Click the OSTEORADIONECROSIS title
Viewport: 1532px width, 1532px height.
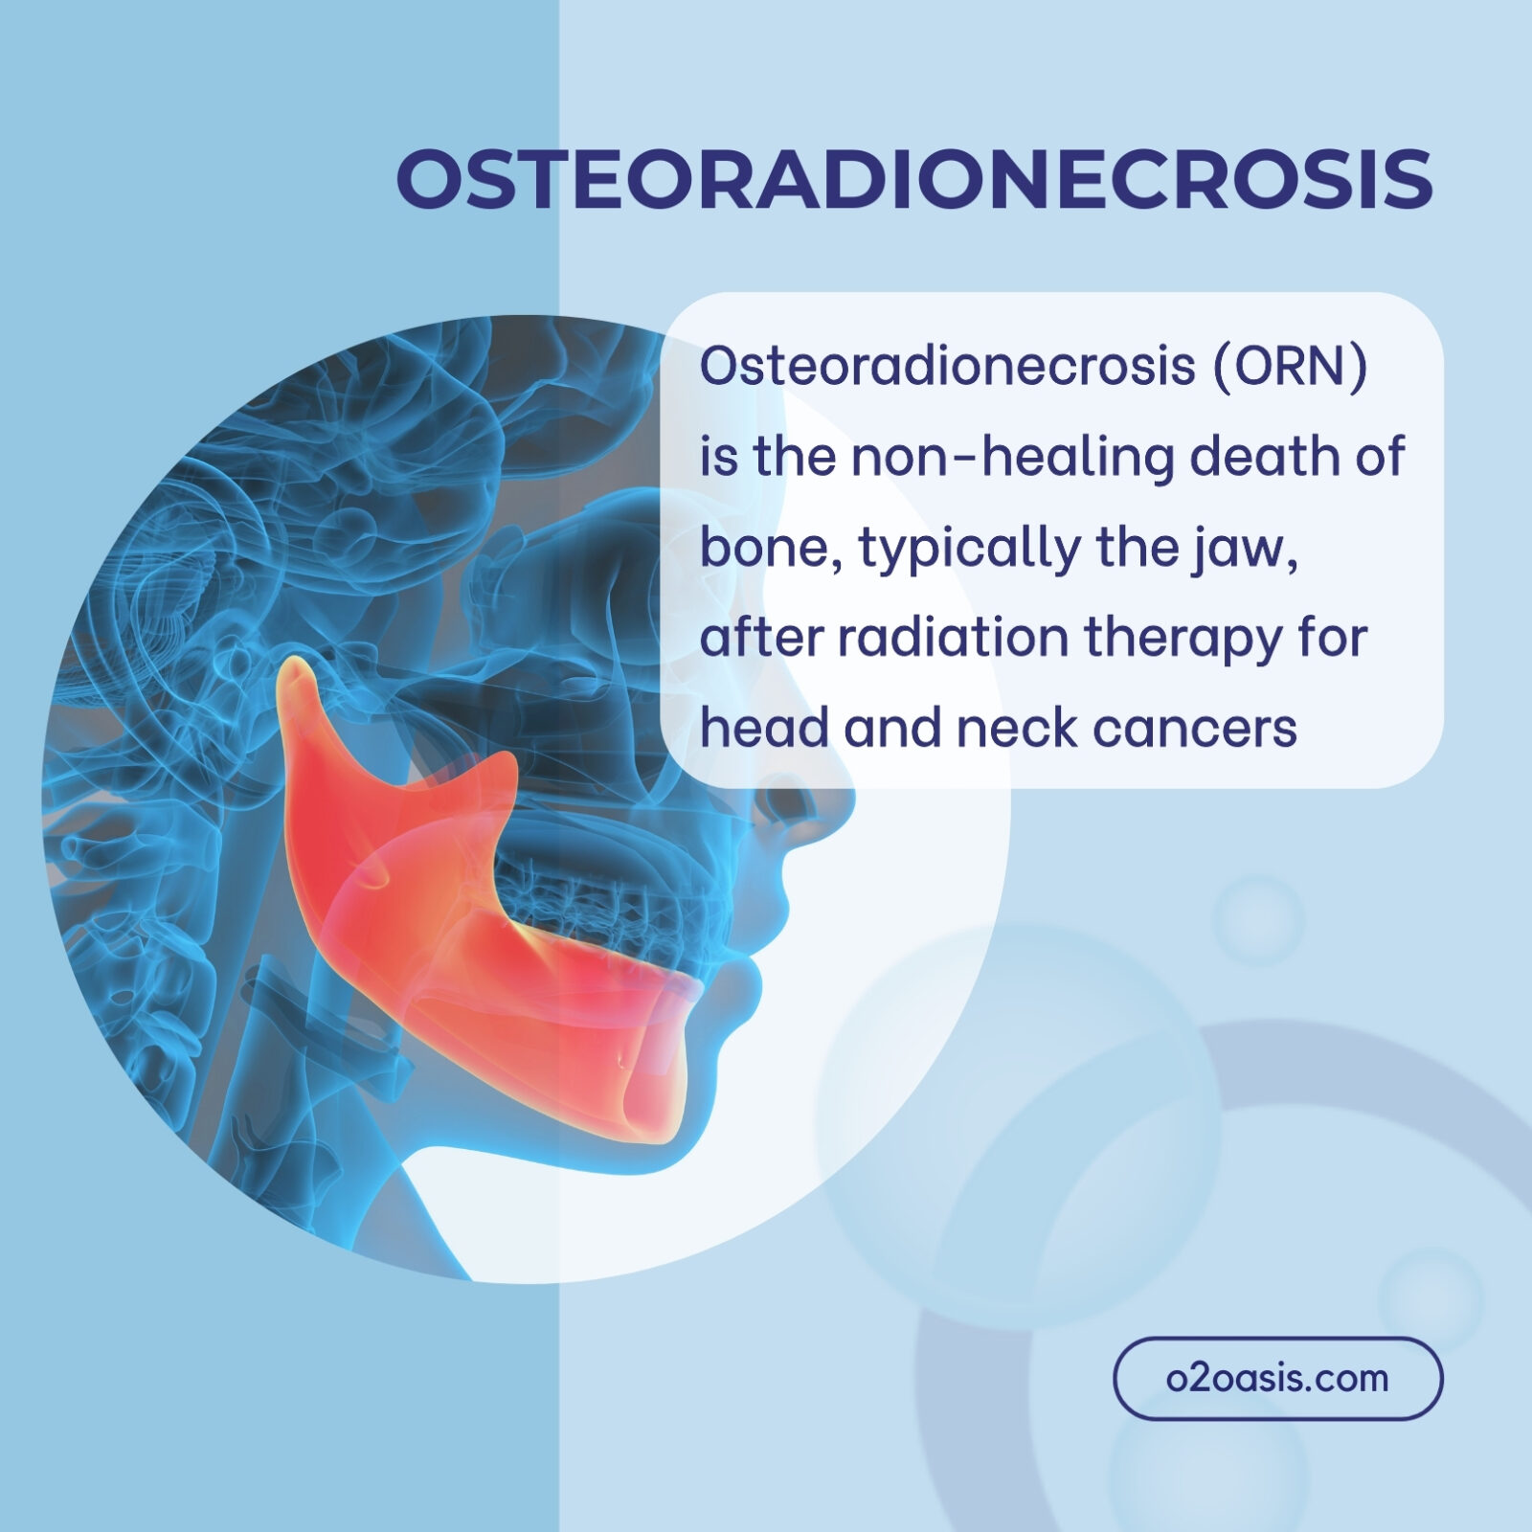(914, 179)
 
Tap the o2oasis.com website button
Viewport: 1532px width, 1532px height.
(1277, 1378)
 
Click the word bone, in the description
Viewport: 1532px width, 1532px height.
(772, 548)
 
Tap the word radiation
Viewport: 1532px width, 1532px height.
(953, 638)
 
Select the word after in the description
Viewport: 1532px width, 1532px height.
(762, 640)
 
